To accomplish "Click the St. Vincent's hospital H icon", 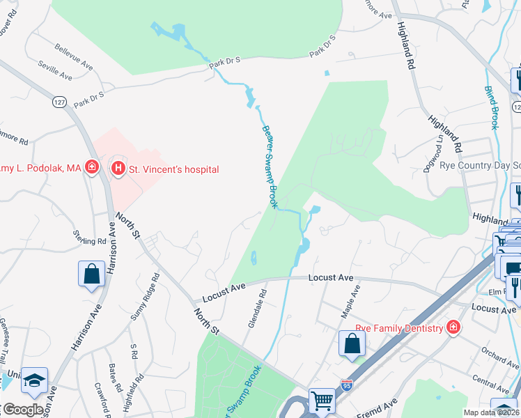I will coord(118,169).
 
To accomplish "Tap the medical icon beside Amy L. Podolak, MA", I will coord(91,167).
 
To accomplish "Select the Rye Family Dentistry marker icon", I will coord(453,327).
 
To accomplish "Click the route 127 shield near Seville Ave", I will coord(60,102).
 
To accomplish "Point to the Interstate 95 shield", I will coord(347,385).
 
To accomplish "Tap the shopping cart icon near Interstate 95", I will coord(322,400).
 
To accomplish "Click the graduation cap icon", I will coord(33,380).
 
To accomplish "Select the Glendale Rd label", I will coord(258,309).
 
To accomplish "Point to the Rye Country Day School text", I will coord(480,166).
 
